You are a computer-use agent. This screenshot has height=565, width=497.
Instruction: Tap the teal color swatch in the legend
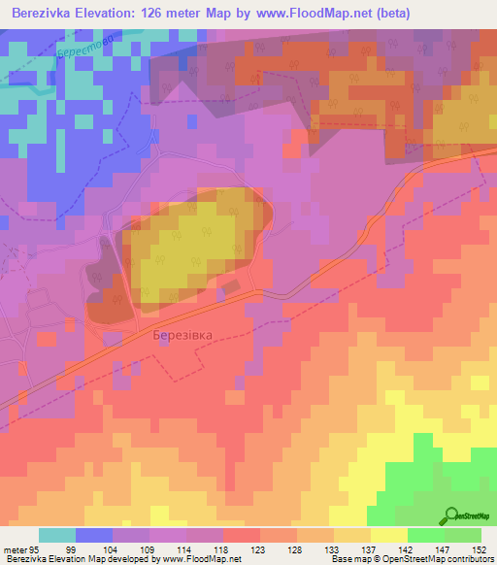pos(57,535)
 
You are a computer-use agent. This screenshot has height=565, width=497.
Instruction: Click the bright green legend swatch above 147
pos(425,535)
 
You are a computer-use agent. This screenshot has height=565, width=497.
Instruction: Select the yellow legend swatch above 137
pos(352,535)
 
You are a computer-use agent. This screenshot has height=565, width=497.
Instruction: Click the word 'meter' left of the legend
pos(16,548)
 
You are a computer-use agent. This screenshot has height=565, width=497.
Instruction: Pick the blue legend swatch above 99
pos(94,535)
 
